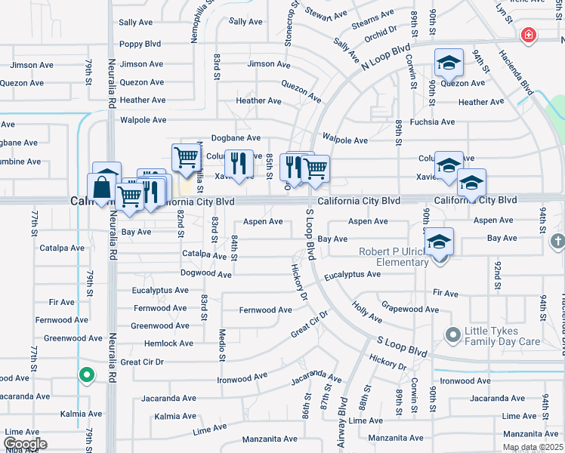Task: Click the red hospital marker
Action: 529,35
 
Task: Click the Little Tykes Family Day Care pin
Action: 452,334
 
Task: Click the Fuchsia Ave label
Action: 432,122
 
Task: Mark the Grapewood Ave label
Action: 410,309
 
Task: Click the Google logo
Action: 25,444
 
